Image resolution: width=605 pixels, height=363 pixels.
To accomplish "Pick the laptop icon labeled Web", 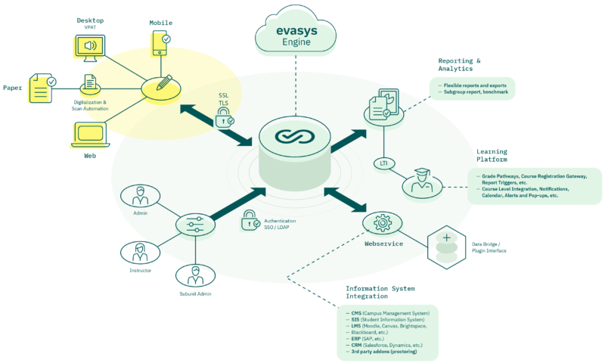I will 89,135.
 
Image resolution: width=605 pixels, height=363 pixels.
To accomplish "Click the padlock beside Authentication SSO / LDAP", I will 250,222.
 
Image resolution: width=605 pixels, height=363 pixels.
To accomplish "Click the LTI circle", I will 383,163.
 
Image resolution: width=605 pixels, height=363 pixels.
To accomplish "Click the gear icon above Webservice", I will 382,225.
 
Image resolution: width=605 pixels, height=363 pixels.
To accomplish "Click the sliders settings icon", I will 190,224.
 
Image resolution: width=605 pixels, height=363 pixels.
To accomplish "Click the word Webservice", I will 384,244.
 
